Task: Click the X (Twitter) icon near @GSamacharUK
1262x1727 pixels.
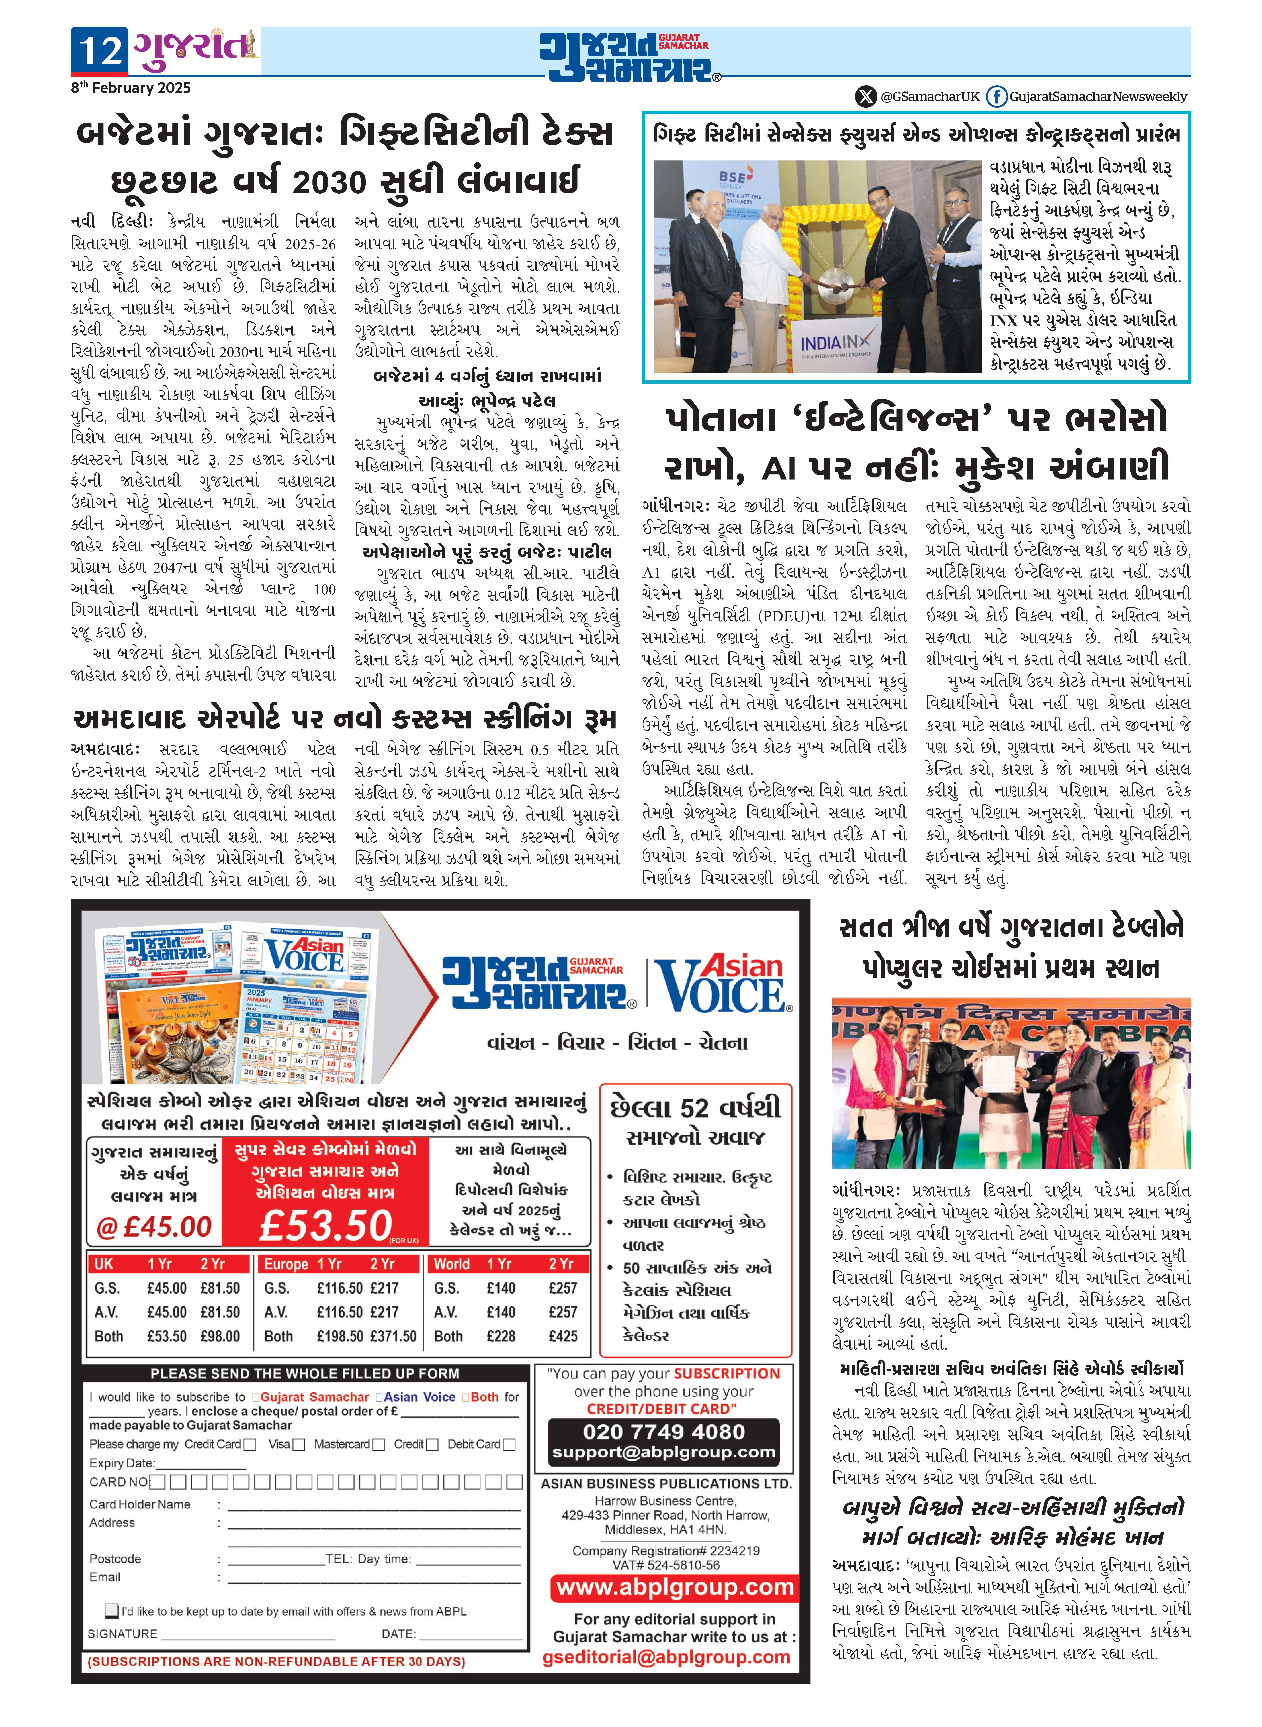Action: (x=866, y=97)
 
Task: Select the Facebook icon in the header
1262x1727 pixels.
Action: (x=995, y=97)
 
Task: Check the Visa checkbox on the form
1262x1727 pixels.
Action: (x=299, y=1444)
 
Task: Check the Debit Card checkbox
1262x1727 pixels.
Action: (x=509, y=1444)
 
